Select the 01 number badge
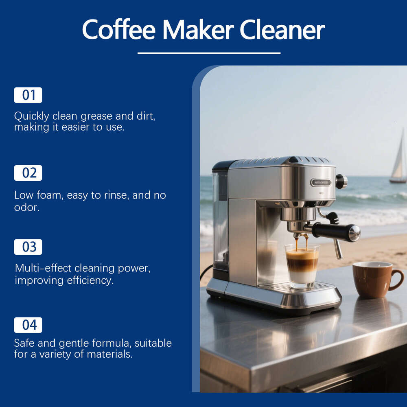click(28, 95)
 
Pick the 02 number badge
click(28, 173)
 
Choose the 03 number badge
click(28, 247)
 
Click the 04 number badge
click(28, 325)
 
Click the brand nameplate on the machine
click(320, 182)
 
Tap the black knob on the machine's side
click(341, 181)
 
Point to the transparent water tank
click(220, 220)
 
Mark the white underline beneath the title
click(209, 53)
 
